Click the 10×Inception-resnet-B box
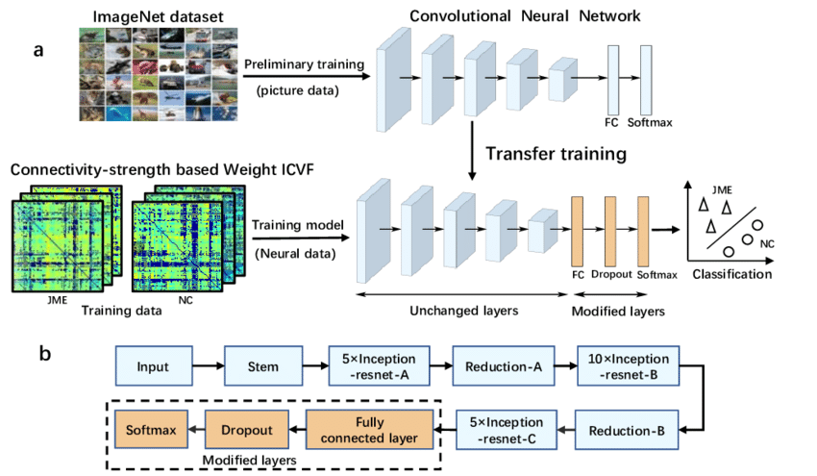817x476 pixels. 629,366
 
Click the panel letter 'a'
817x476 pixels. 38,51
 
